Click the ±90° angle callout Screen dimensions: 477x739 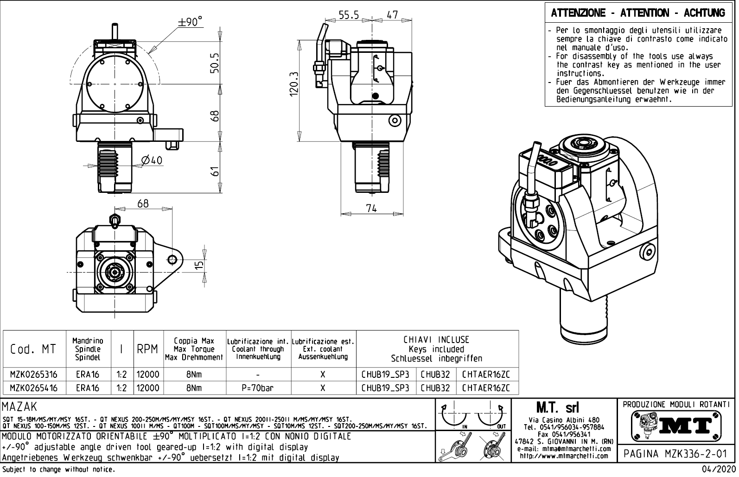coord(191,22)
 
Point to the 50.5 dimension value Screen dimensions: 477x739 coord(215,62)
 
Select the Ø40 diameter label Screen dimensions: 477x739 coord(151,160)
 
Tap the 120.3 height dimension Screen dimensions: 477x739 coord(293,84)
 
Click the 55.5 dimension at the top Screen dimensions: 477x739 coord(349,15)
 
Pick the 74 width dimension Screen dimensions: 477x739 coord(371,208)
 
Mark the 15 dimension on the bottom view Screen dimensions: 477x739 coord(199,265)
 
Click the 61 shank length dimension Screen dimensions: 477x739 coord(215,172)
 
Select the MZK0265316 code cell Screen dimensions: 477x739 coord(34,374)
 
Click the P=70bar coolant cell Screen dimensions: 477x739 coord(258,388)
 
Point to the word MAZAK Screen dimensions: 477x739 coord(19,407)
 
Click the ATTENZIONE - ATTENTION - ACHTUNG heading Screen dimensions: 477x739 coord(638,13)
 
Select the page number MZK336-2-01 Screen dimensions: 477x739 coord(676,453)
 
